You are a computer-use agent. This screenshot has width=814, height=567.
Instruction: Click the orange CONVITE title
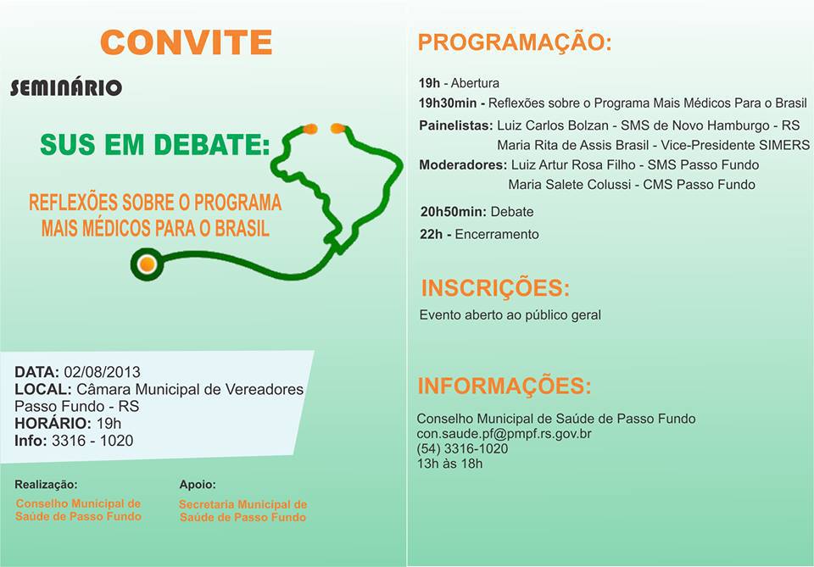(x=187, y=42)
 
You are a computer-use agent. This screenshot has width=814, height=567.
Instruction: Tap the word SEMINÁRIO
(x=66, y=87)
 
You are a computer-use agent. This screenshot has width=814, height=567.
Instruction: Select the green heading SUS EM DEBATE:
(x=155, y=144)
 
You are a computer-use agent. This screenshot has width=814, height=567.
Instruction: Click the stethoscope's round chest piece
(x=147, y=264)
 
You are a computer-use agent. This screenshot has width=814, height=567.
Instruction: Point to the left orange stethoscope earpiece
(x=310, y=129)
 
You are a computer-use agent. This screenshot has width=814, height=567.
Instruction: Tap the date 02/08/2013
(x=103, y=372)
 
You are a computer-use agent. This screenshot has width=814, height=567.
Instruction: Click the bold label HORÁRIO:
(x=53, y=423)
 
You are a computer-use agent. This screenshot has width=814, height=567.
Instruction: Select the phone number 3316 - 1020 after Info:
(x=92, y=441)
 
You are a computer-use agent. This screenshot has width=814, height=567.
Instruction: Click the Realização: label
(x=46, y=485)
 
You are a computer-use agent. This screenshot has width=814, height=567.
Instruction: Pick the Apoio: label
(x=198, y=485)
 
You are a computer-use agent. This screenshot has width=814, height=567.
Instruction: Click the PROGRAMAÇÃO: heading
(x=515, y=42)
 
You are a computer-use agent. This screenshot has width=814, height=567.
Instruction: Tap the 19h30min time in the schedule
(x=448, y=103)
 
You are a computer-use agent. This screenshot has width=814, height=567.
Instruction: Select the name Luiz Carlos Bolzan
(x=553, y=125)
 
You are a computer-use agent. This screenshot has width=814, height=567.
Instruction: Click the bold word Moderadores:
(x=463, y=165)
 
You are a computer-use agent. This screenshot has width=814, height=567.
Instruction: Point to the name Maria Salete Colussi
(x=570, y=185)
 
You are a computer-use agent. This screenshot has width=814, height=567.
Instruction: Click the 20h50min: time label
(x=454, y=212)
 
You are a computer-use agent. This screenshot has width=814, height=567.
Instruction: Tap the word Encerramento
(x=497, y=235)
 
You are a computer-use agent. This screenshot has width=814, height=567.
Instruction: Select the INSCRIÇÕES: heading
(x=495, y=288)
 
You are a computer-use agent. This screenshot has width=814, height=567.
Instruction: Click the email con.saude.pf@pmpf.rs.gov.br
(x=504, y=434)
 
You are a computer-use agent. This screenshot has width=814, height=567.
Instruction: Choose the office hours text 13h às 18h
(x=449, y=464)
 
